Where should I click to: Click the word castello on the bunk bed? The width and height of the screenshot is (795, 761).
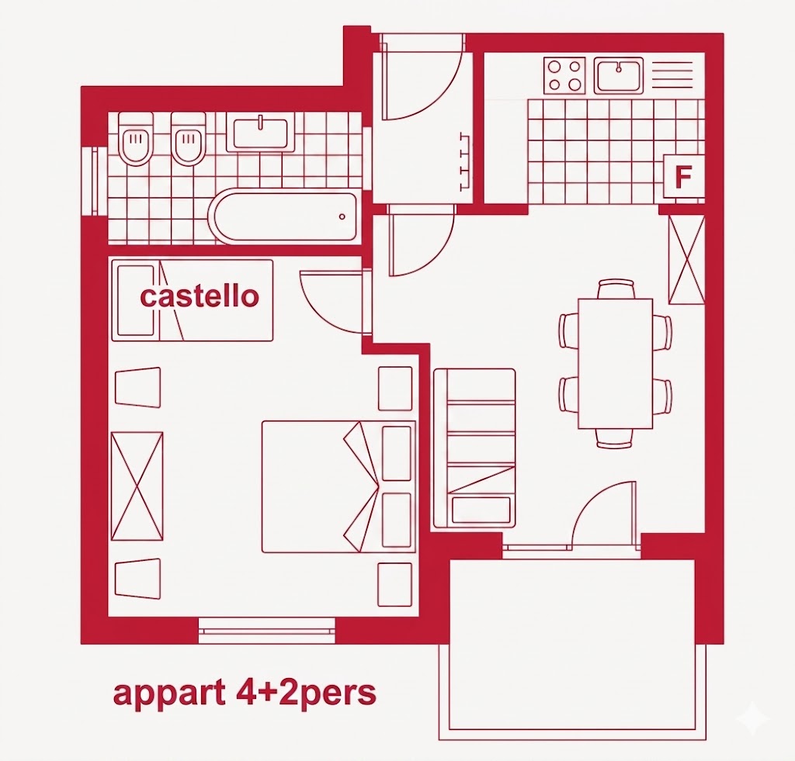pyautogui.click(x=200, y=296)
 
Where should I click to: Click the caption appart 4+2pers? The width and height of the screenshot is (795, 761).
pyautogui.click(x=245, y=693)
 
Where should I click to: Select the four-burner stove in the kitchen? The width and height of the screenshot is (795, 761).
pyautogui.click(x=564, y=75)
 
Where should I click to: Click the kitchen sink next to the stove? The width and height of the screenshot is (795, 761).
pyautogui.click(x=619, y=75)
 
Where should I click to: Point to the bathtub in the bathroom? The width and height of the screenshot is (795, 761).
pyautogui.click(x=285, y=216)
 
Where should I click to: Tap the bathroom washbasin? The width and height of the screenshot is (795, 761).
pyautogui.click(x=260, y=133)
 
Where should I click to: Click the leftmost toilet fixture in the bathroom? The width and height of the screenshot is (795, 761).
pyautogui.click(x=135, y=138)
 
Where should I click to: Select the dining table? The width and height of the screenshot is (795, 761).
pyautogui.click(x=616, y=364)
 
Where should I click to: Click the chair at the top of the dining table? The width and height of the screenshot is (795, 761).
pyautogui.click(x=616, y=289)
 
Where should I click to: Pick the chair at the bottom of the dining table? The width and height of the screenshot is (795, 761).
pyautogui.click(x=616, y=438)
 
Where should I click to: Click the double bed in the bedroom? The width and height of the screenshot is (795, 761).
pyautogui.click(x=338, y=486)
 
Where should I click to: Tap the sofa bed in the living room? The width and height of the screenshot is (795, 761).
pyautogui.click(x=474, y=448)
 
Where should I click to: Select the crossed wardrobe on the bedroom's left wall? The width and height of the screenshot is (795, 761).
pyautogui.click(x=137, y=486)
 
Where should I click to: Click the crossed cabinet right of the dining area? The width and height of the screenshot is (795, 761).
pyautogui.click(x=686, y=260)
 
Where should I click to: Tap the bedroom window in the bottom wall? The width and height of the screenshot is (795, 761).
pyautogui.click(x=267, y=630)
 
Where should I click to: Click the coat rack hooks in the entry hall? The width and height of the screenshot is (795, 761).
pyautogui.click(x=464, y=161)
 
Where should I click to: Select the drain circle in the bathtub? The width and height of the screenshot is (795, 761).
pyautogui.click(x=342, y=217)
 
